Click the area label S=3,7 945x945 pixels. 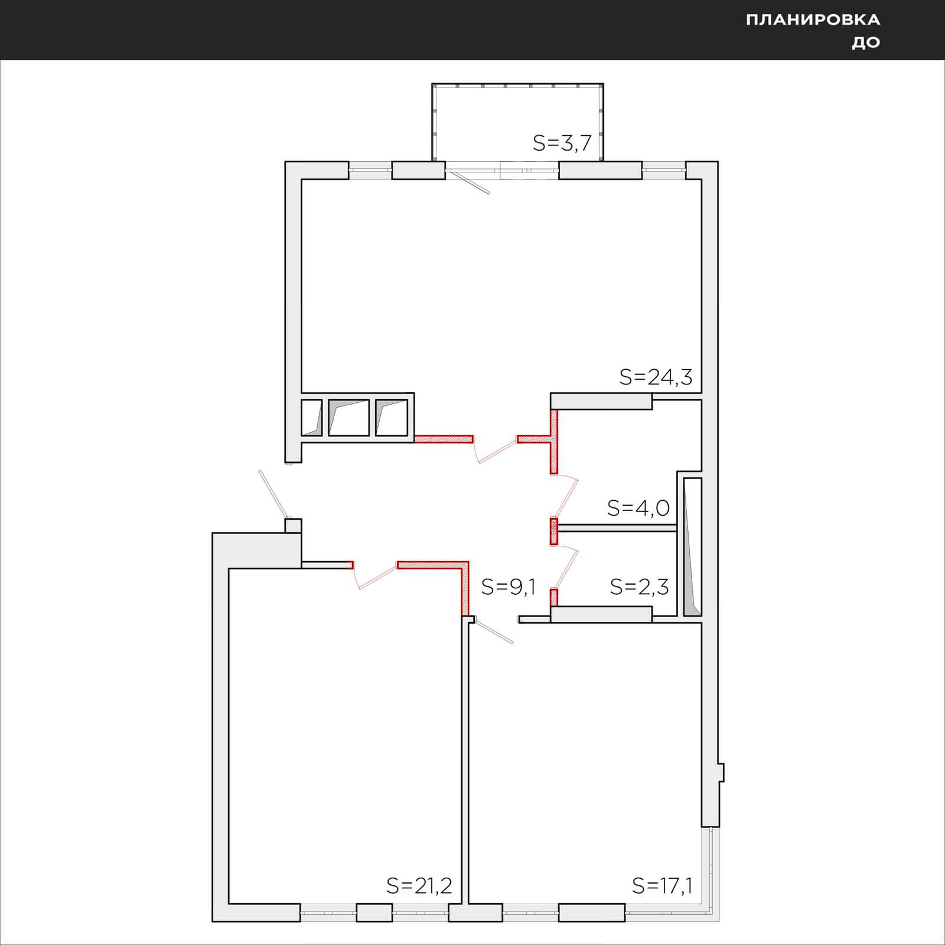(x=562, y=143)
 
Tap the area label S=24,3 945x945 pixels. (x=656, y=377)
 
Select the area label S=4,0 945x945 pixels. (x=638, y=508)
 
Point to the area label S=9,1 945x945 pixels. (x=509, y=587)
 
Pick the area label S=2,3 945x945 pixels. (x=639, y=587)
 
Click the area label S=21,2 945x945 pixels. (x=419, y=886)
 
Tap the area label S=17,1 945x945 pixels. (x=662, y=886)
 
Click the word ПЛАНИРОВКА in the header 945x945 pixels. (x=813, y=20)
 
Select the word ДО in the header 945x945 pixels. (x=866, y=43)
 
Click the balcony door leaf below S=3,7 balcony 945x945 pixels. (x=468, y=181)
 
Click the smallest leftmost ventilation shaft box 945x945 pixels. (x=312, y=418)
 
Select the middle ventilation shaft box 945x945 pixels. (x=348, y=418)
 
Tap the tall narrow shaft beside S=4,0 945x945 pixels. (x=692, y=547)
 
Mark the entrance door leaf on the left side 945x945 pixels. (x=273, y=494)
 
